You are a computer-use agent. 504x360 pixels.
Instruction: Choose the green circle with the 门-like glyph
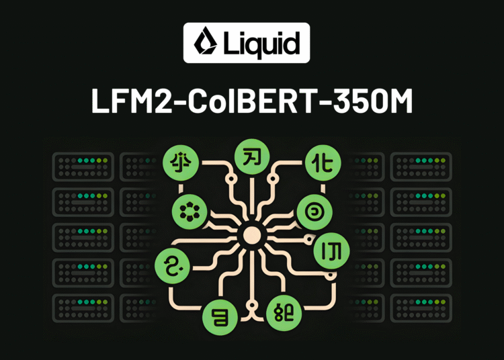click(332, 251)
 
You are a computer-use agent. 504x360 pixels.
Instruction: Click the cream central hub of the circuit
click(251, 235)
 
